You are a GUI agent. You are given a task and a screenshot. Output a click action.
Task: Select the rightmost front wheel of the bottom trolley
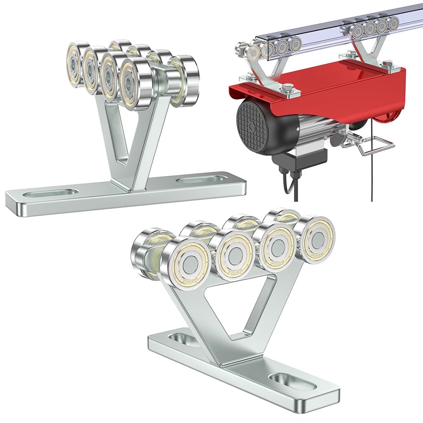pyautogui.click(x=315, y=239)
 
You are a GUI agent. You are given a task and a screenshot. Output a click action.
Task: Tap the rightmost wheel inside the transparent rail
pyautogui.click(x=393, y=24)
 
